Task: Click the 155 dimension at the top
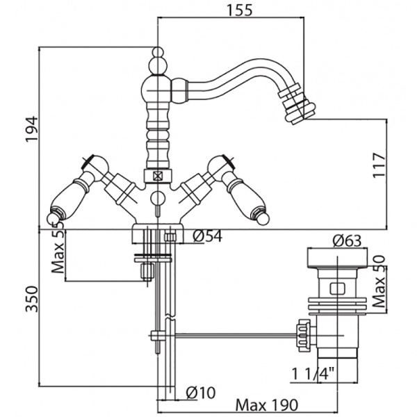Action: pyautogui.click(x=238, y=10)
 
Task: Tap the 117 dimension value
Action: pyautogui.click(x=379, y=165)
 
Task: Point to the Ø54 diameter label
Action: pyautogui.click(x=206, y=236)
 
